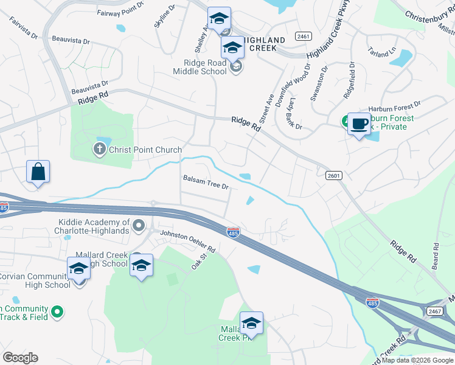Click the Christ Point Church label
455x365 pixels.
[145, 150]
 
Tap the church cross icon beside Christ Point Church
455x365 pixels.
[99, 148]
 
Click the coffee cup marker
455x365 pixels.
[359, 125]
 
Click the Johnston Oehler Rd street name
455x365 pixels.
[187, 241]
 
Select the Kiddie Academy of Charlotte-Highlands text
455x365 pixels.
[94, 226]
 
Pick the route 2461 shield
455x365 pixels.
[302, 36]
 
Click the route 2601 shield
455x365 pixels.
[333, 176]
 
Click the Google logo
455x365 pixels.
[20, 358]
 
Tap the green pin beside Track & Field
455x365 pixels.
[57, 312]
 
